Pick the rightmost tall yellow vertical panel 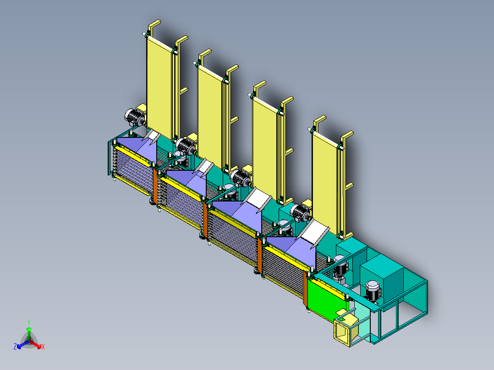tap(325, 179)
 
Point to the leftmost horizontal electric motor tap(134, 117)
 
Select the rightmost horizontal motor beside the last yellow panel tap(301, 211)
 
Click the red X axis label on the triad tap(43, 347)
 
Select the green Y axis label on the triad tap(28, 322)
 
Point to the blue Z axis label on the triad tap(15, 347)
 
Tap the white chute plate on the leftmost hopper tap(152, 136)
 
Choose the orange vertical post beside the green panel tap(305, 289)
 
